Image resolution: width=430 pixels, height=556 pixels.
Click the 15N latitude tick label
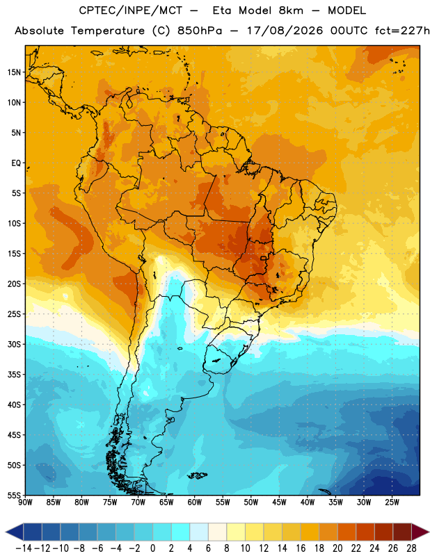[x=14, y=72]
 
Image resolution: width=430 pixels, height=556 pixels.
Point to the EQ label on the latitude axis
[x=16, y=163]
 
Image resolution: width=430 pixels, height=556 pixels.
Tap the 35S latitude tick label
[x=14, y=375]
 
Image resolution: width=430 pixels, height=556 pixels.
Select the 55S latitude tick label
[x=14, y=495]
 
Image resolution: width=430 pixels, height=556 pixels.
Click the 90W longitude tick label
[x=25, y=502]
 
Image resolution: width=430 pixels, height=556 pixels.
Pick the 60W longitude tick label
[x=195, y=502]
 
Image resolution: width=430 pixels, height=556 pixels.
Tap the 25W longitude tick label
[x=392, y=502]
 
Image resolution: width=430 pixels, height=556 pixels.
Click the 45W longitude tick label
[x=280, y=502]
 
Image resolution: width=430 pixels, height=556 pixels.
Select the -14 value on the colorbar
[x=24, y=548]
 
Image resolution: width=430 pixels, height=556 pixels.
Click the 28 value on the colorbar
[x=411, y=548]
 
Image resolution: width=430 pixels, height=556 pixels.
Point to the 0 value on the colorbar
[x=153, y=548]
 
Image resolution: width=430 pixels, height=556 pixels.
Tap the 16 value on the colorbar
[x=301, y=548]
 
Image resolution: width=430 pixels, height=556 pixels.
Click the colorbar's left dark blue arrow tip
[x=6, y=532]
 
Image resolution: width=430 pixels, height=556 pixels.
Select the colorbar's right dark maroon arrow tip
[x=429, y=532]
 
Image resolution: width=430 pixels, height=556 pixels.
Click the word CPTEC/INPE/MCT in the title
[x=131, y=10]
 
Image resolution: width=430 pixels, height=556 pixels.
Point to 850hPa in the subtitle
[x=200, y=31]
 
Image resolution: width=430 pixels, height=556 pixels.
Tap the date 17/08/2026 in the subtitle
[x=285, y=31]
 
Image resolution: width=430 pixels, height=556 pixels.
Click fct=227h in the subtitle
[x=402, y=31]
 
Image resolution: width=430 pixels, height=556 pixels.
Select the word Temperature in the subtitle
[x=108, y=31]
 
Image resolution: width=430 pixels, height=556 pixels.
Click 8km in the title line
[x=291, y=10]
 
